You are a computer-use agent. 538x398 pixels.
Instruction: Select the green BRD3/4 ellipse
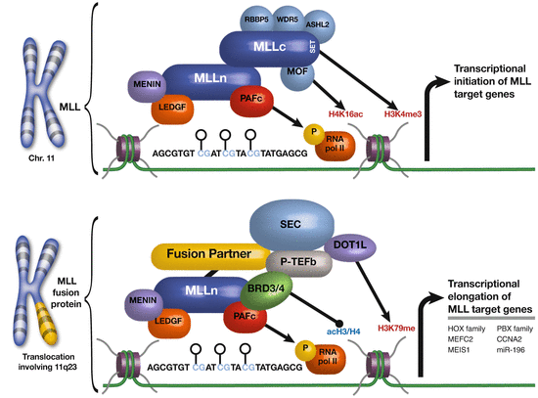pos(257,293)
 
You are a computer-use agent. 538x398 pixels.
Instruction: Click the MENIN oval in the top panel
pos(142,87)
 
